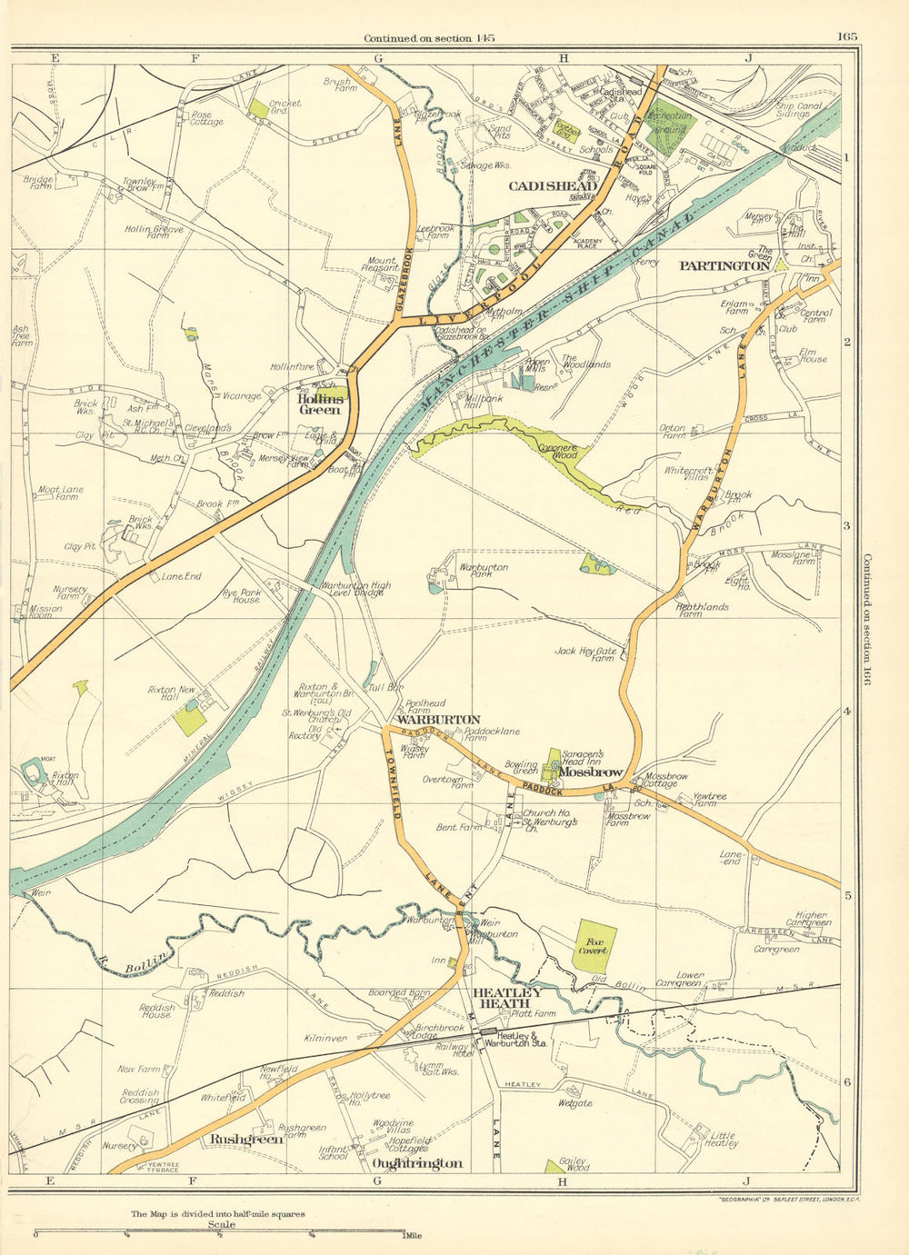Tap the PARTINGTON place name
click(724, 266)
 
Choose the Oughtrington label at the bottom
click(417, 1163)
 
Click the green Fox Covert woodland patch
click(594, 945)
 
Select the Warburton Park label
click(484, 572)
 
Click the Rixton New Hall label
click(172, 695)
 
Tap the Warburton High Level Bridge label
click(355, 591)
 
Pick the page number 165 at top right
click(847, 37)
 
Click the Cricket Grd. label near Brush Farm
click(285, 108)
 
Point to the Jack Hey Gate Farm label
click(586, 655)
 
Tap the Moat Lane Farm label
click(60, 493)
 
